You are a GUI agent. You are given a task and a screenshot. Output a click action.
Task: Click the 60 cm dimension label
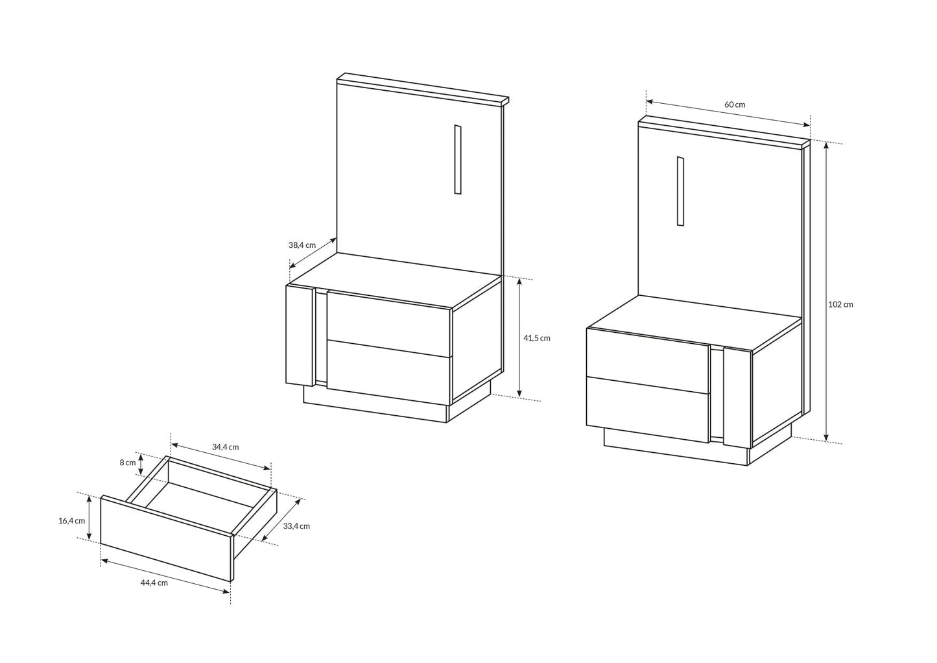[x=735, y=104]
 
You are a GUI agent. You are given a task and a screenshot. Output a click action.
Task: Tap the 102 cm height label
[x=840, y=304]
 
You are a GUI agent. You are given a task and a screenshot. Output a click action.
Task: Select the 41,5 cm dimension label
[x=536, y=338]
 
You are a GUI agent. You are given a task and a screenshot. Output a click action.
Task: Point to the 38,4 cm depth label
[x=302, y=245]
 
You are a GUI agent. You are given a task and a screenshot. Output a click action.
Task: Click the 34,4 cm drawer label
[x=225, y=447]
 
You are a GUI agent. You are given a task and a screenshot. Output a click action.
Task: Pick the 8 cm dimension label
[x=127, y=463]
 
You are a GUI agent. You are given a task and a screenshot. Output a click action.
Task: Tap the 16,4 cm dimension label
[x=71, y=521]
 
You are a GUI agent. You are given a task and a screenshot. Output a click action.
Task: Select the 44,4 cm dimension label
[x=154, y=583]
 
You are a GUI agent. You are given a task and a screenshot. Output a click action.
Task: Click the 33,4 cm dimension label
[x=296, y=526]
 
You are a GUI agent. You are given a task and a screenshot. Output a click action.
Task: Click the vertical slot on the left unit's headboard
[x=457, y=159]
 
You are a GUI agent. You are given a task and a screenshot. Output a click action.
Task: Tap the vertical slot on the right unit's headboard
[x=680, y=191]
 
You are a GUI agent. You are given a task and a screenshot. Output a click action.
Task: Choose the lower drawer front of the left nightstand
[x=389, y=370]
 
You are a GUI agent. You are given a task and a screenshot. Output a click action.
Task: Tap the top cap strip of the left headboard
[x=421, y=89]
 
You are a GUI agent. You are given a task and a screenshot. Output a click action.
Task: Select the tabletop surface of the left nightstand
[x=396, y=278]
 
